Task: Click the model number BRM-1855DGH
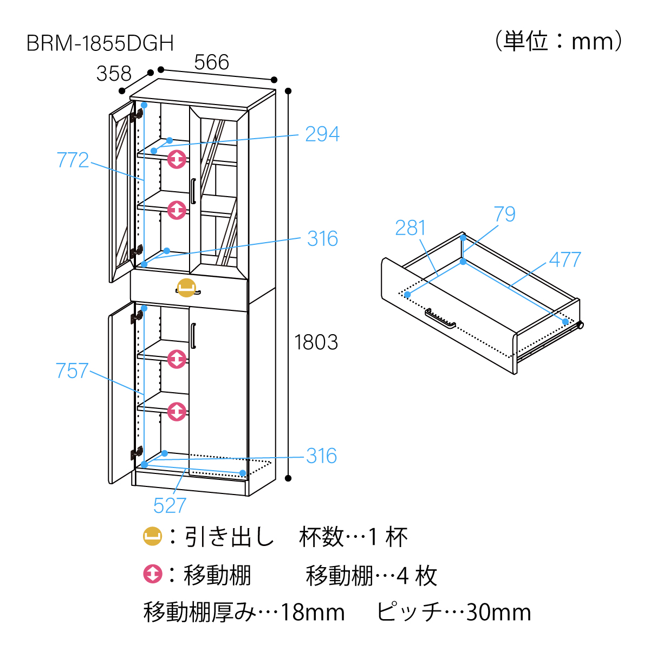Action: [x=100, y=43]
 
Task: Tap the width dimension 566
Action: [x=212, y=63]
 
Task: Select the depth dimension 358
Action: [x=114, y=74]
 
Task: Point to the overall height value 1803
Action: [x=316, y=342]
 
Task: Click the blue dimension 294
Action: [x=322, y=134]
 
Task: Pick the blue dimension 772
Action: [x=73, y=160]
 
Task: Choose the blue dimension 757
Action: [x=72, y=371]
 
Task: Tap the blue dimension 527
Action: [x=170, y=506]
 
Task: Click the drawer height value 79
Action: [x=504, y=214]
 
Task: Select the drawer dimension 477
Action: [x=565, y=260]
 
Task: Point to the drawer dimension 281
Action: [x=410, y=228]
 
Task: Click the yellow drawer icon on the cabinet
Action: [x=186, y=288]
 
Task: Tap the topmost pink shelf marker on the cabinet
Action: [x=177, y=159]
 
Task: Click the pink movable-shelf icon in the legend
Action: [x=153, y=574]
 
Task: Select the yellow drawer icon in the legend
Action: [x=153, y=537]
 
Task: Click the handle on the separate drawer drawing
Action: [x=440, y=318]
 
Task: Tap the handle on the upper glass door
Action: [x=193, y=191]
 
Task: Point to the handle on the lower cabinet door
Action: [x=193, y=336]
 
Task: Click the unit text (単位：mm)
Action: [x=558, y=41]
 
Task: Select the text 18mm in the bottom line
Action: [x=313, y=613]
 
